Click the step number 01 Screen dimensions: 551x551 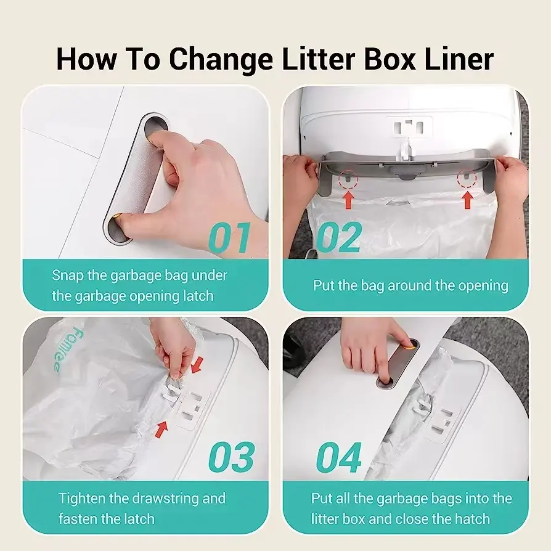click(230, 239)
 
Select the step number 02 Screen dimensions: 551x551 click(339, 239)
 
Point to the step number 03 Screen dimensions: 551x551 click(231, 457)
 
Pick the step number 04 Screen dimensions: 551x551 click(339, 457)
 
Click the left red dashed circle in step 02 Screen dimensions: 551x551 click(348, 179)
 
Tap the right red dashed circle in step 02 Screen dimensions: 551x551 click(467, 179)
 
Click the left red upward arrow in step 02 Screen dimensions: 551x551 click(348, 200)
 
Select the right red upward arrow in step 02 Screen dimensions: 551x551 click(467, 200)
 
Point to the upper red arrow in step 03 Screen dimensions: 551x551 click(197, 364)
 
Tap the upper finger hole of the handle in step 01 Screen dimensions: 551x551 click(156, 128)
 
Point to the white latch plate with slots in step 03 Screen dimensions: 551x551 click(192, 411)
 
